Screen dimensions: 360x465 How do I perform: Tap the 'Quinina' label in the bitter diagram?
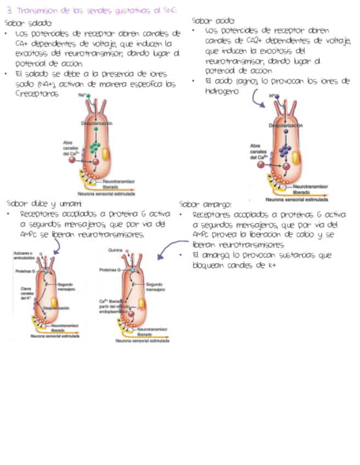[115, 249]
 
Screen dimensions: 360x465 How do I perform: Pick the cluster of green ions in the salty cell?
[95, 146]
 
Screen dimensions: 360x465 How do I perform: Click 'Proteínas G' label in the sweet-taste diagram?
[24, 271]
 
